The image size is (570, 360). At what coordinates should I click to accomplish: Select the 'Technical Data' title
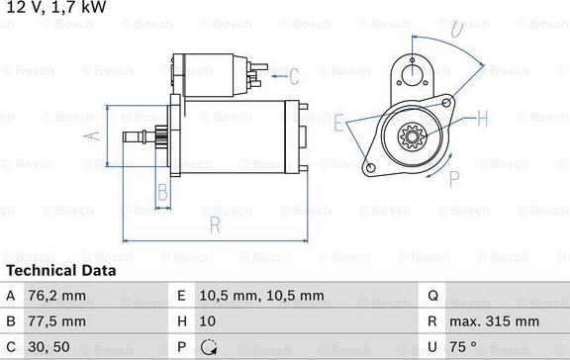click(61, 270)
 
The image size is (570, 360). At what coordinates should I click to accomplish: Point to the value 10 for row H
click(207, 321)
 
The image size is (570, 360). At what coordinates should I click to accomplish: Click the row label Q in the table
click(432, 295)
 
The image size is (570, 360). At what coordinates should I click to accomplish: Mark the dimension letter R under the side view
click(215, 226)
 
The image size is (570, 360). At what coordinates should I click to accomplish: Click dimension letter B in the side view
click(162, 192)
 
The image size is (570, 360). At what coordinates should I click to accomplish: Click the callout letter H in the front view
click(482, 119)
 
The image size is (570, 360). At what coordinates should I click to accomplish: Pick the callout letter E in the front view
click(339, 126)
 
